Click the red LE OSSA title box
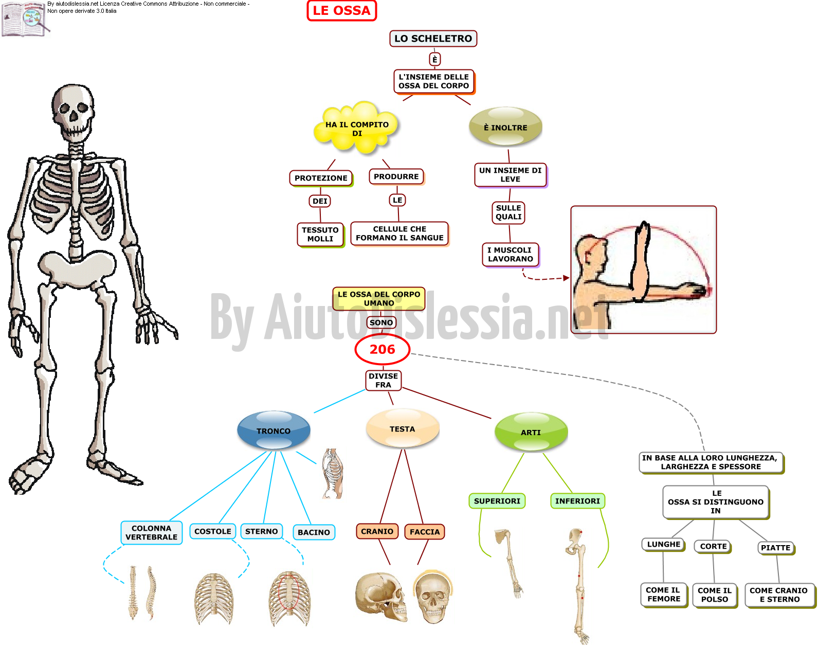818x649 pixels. pos(341,11)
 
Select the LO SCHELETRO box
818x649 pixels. pos(433,39)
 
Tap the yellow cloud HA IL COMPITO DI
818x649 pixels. pos(356,128)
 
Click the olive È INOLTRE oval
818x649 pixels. pos(505,127)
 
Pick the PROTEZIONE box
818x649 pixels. pos(321,178)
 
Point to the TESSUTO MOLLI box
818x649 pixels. pos(320,235)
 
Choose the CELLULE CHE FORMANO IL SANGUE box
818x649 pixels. pos(399,234)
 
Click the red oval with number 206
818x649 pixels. pos(383,349)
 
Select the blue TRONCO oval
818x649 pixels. pos(274,430)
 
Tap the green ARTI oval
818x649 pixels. pos(531,432)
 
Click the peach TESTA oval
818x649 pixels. pos(402,429)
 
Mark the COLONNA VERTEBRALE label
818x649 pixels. pos(151,533)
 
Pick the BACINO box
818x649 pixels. pos(314,532)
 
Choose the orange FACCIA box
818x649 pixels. pos(425,532)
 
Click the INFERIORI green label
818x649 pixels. pos(577,501)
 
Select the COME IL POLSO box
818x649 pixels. pos(715,595)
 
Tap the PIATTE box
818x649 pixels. pos(775,548)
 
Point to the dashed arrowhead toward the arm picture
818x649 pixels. pos(566,278)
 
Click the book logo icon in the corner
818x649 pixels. pos(25,19)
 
